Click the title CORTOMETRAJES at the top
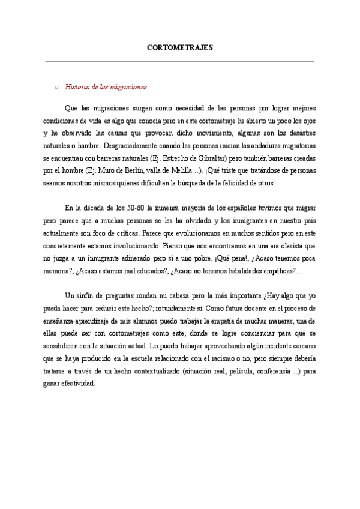pos(179,47)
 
